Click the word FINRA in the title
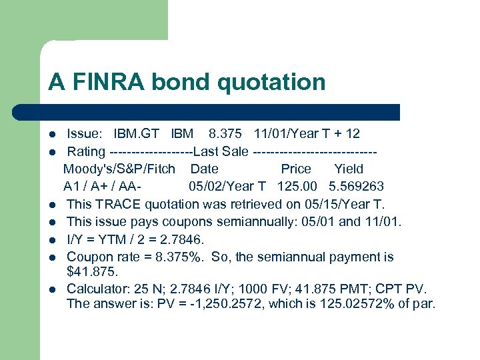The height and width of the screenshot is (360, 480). pyautogui.click(x=107, y=82)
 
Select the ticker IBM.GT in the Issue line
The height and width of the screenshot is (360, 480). pyautogui.click(x=137, y=134)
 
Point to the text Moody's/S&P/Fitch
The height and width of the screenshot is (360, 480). pyautogui.click(x=119, y=169)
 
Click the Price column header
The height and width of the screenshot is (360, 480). pyautogui.click(x=296, y=169)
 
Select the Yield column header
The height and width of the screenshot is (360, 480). pyautogui.click(x=349, y=169)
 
